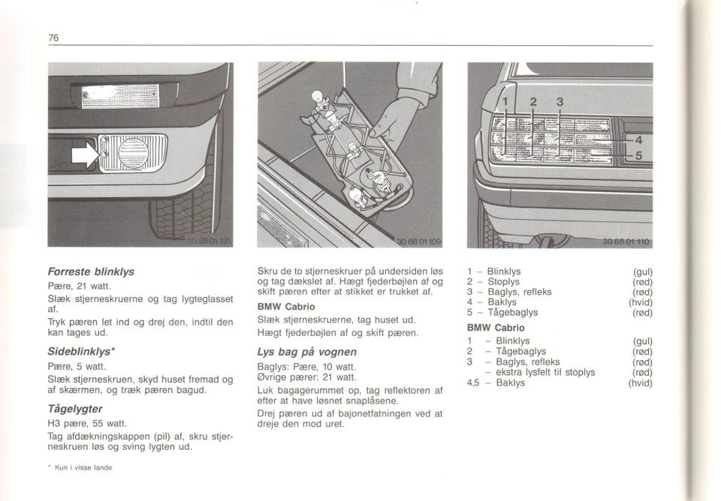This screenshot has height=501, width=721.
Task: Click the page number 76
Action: pyautogui.click(x=53, y=37)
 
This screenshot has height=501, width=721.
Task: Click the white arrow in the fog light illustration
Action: pyautogui.click(x=85, y=154)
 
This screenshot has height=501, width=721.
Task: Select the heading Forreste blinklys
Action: pyautogui.click(x=91, y=271)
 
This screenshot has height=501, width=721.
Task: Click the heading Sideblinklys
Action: pyautogui.click(x=81, y=351)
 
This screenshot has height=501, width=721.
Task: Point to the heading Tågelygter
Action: pyautogui.click(x=75, y=409)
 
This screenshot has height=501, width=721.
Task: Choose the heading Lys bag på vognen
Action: pyautogui.click(x=306, y=352)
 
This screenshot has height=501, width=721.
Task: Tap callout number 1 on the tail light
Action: pyautogui.click(x=505, y=101)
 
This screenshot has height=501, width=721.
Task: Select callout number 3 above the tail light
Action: pyautogui.click(x=560, y=101)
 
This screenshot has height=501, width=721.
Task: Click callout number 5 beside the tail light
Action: pyautogui.click(x=638, y=156)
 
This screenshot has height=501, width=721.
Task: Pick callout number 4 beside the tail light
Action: pyautogui.click(x=638, y=139)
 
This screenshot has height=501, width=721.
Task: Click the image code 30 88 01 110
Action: pyautogui.click(x=626, y=242)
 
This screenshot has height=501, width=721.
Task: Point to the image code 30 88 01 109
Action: pyautogui.click(x=418, y=242)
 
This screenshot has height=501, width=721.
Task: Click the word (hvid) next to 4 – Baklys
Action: pyautogui.click(x=641, y=302)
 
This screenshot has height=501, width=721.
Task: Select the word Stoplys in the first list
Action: pyautogui.click(x=503, y=281)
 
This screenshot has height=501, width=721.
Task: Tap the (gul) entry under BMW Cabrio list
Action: pyautogui.click(x=643, y=341)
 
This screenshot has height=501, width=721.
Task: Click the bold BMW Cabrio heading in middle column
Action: pyautogui.click(x=286, y=306)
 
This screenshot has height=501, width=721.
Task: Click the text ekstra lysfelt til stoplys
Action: pyautogui.click(x=545, y=372)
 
